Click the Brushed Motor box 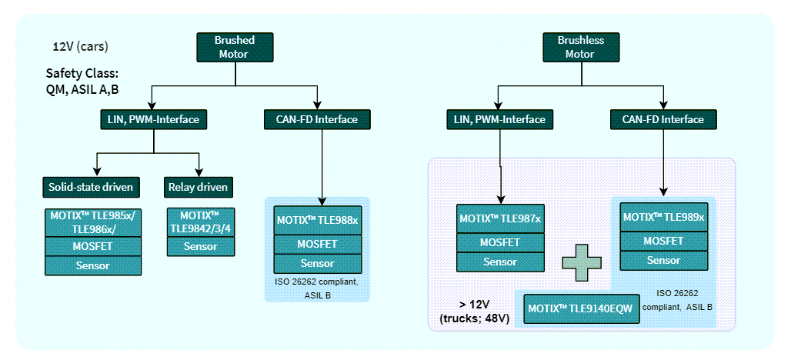pyautogui.click(x=235, y=47)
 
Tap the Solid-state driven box pyautogui.click(x=91, y=187)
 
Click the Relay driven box pyautogui.click(x=198, y=187)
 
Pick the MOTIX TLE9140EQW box pyautogui.click(x=581, y=308)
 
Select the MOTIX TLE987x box pyautogui.click(x=500, y=218)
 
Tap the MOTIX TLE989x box pyautogui.click(x=663, y=218)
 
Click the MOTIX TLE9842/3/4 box pyautogui.click(x=199, y=222)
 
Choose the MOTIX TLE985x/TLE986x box pyautogui.click(x=92, y=222)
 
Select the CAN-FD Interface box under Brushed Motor pyautogui.click(x=317, y=119)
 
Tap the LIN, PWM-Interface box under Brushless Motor pyautogui.click(x=500, y=119)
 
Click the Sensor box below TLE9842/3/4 pyautogui.click(x=199, y=246)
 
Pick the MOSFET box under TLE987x pyautogui.click(x=500, y=242)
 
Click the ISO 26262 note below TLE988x pyautogui.click(x=317, y=287)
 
